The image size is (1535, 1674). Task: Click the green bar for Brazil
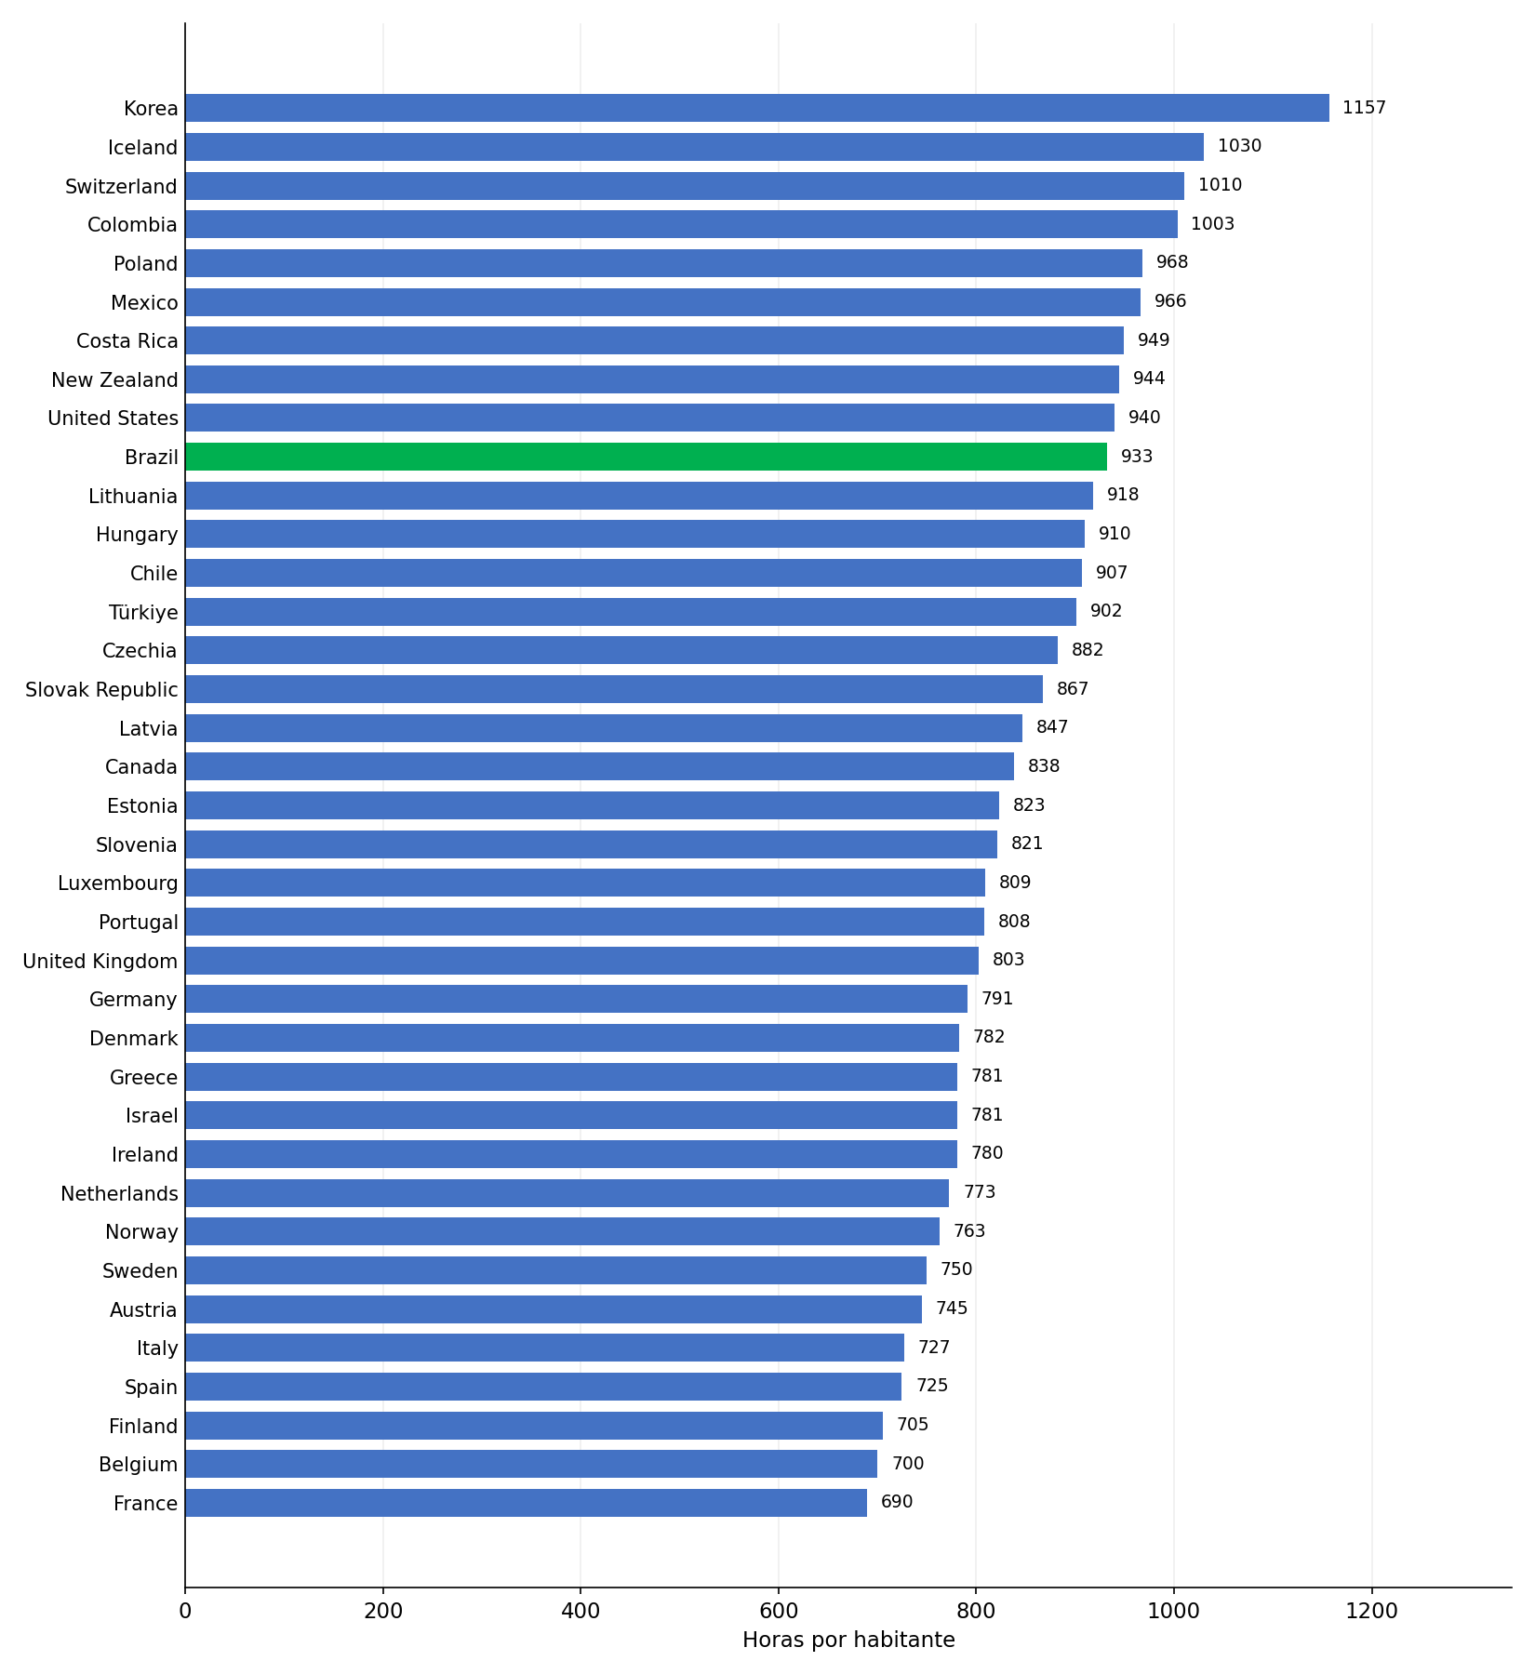pyautogui.click(x=646, y=457)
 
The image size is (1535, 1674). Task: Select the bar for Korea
pyautogui.click(x=757, y=108)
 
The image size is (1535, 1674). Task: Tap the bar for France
pyautogui.click(x=526, y=1503)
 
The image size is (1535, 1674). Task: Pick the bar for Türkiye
pyautogui.click(x=631, y=612)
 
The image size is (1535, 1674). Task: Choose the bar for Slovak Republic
pyautogui.click(x=614, y=689)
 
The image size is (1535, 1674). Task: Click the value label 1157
pyautogui.click(x=1364, y=108)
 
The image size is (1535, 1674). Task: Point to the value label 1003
pyautogui.click(x=1212, y=224)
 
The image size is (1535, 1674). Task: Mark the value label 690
pyautogui.click(x=897, y=1502)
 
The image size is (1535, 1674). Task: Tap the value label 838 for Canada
pyautogui.click(x=1044, y=766)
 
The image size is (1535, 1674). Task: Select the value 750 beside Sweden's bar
pyautogui.click(x=956, y=1269)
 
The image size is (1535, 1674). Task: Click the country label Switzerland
pyautogui.click(x=121, y=187)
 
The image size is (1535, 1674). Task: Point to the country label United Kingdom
pyautogui.click(x=100, y=962)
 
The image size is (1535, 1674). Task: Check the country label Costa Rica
pyautogui.click(x=127, y=341)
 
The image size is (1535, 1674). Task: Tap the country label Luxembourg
pyautogui.click(x=118, y=883)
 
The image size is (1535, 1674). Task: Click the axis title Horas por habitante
pyautogui.click(x=848, y=1641)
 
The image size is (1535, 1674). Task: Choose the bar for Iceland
pyautogui.click(x=694, y=147)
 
